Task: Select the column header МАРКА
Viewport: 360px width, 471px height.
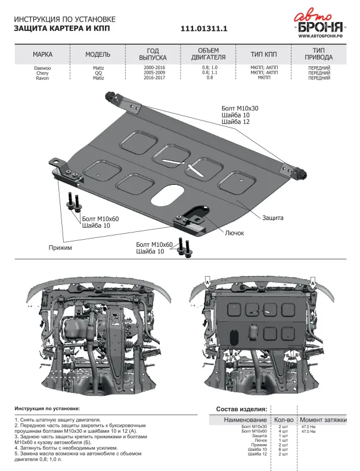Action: (43, 54)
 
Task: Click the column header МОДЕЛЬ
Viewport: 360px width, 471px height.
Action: (98, 54)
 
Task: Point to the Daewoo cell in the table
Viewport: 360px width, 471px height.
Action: (43, 68)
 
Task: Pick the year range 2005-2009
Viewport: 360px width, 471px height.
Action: (154, 73)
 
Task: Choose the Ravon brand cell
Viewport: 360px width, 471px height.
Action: (43, 78)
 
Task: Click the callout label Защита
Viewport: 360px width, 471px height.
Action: (272, 218)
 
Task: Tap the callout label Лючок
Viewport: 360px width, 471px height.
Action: (235, 233)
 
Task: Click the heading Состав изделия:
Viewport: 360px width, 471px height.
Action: (241, 409)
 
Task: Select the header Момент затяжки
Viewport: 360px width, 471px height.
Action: (323, 420)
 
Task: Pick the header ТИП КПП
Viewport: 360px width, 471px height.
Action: (264, 54)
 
